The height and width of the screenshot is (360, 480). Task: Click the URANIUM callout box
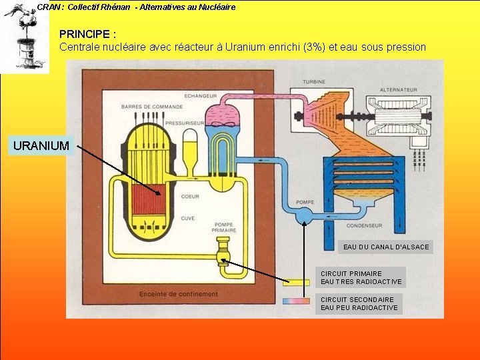(41, 145)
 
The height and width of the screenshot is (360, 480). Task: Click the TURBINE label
(314, 82)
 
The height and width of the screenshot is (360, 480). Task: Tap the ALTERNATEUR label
(399, 89)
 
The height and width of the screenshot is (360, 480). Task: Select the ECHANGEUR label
(199, 95)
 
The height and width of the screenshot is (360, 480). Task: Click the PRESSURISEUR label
(185, 123)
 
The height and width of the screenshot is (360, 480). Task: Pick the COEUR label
(189, 197)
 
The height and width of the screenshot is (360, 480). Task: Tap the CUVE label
(188, 218)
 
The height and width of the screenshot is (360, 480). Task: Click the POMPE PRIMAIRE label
(224, 228)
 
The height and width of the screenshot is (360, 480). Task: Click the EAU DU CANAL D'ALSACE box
(386, 247)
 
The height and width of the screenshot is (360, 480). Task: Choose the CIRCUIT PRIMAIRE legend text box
(361, 277)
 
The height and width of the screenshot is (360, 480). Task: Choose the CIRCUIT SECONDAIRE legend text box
(359, 303)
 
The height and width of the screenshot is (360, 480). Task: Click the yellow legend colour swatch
(296, 282)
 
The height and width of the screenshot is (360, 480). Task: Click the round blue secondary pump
(304, 214)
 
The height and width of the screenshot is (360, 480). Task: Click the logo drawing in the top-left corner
(25, 37)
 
